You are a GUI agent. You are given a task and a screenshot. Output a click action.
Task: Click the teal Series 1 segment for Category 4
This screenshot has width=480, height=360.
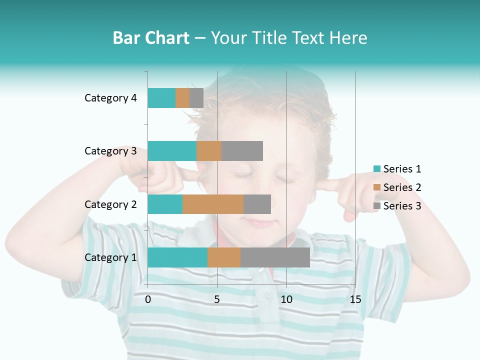click(x=161, y=98)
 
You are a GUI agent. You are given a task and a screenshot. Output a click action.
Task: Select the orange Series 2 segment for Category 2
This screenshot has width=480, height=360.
click(x=213, y=204)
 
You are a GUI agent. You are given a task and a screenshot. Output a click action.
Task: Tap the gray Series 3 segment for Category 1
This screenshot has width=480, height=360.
click(x=275, y=257)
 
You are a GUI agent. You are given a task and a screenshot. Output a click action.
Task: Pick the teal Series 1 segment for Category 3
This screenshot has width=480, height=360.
click(x=172, y=151)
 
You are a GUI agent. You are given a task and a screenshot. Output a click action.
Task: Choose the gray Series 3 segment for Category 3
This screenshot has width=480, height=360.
click(x=242, y=151)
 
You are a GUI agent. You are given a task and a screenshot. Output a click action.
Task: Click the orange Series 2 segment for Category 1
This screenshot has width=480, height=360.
click(x=224, y=257)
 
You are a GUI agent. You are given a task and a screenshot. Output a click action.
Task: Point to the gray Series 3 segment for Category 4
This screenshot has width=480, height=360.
click(x=196, y=98)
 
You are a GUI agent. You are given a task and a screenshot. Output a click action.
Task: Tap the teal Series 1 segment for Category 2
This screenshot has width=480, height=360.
click(x=165, y=204)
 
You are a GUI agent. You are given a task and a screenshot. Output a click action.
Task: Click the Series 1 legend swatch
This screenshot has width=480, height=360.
click(x=377, y=169)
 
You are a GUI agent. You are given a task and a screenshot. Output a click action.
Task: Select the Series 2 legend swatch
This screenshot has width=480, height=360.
click(x=377, y=187)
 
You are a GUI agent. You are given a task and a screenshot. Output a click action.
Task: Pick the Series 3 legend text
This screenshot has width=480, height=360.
click(x=402, y=206)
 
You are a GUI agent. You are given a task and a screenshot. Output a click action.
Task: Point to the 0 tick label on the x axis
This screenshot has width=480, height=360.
click(x=148, y=299)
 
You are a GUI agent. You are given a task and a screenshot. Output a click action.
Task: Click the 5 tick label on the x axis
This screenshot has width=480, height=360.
click(x=217, y=299)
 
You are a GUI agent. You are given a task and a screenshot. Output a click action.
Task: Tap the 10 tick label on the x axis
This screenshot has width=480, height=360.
click(x=286, y=299)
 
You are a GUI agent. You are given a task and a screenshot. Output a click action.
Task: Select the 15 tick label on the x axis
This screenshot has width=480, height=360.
click(x=355, y=299)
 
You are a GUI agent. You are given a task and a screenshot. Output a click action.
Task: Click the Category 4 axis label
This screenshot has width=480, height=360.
click(x=110, y=98)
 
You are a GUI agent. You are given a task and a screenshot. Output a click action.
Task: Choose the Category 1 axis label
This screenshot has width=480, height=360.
click(x=110, y=257)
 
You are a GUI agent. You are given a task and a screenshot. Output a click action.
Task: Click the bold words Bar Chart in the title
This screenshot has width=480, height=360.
click(x=151, y=38)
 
